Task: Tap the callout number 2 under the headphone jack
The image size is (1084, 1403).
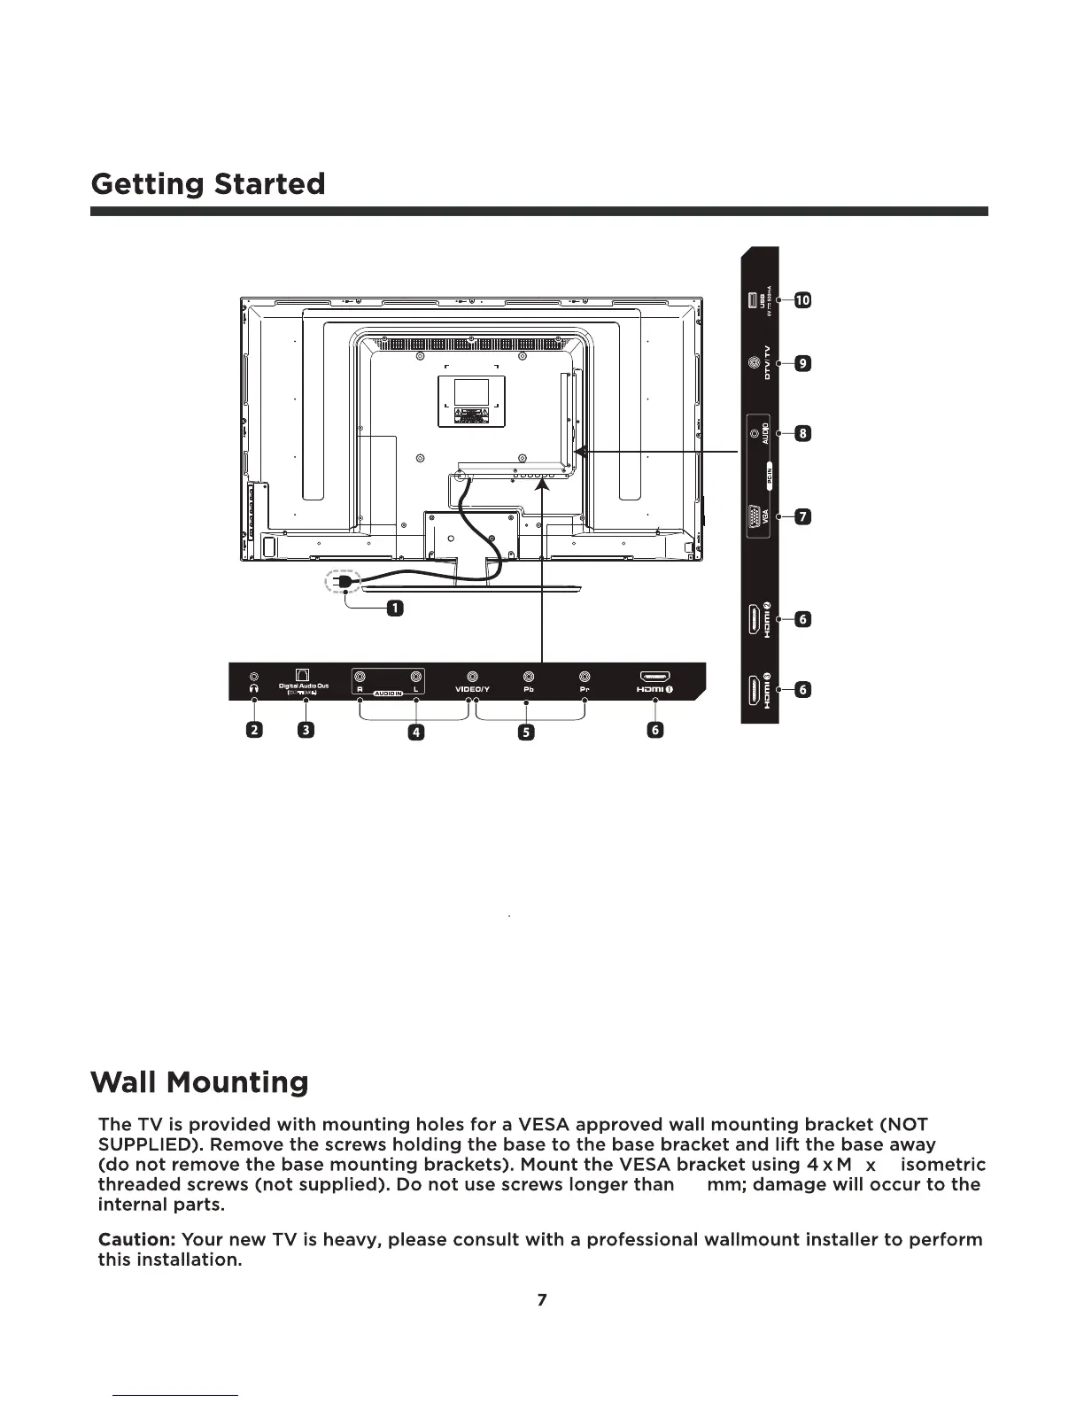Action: point(254,730)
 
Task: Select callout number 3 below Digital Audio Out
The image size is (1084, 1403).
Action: point(306,730)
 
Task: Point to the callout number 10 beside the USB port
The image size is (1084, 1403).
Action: point(801,299)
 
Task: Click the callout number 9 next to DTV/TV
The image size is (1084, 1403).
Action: point(801,363)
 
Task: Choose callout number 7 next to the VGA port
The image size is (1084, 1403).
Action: point(801,516)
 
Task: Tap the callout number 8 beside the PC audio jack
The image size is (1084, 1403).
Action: point(801,433)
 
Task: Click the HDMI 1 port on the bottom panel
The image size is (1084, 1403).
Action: point(654,678)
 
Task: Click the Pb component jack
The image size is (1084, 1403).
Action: point(529,677)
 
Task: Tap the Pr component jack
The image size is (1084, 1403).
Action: point(585,677)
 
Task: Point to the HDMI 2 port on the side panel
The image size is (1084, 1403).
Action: point(753,619)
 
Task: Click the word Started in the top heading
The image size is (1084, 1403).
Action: point(268,184)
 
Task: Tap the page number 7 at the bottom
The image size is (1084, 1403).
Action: point(542,1299)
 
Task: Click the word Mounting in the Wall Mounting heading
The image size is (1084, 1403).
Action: point(237,1082)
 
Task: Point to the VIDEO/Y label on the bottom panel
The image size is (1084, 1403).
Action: point(472,690)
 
